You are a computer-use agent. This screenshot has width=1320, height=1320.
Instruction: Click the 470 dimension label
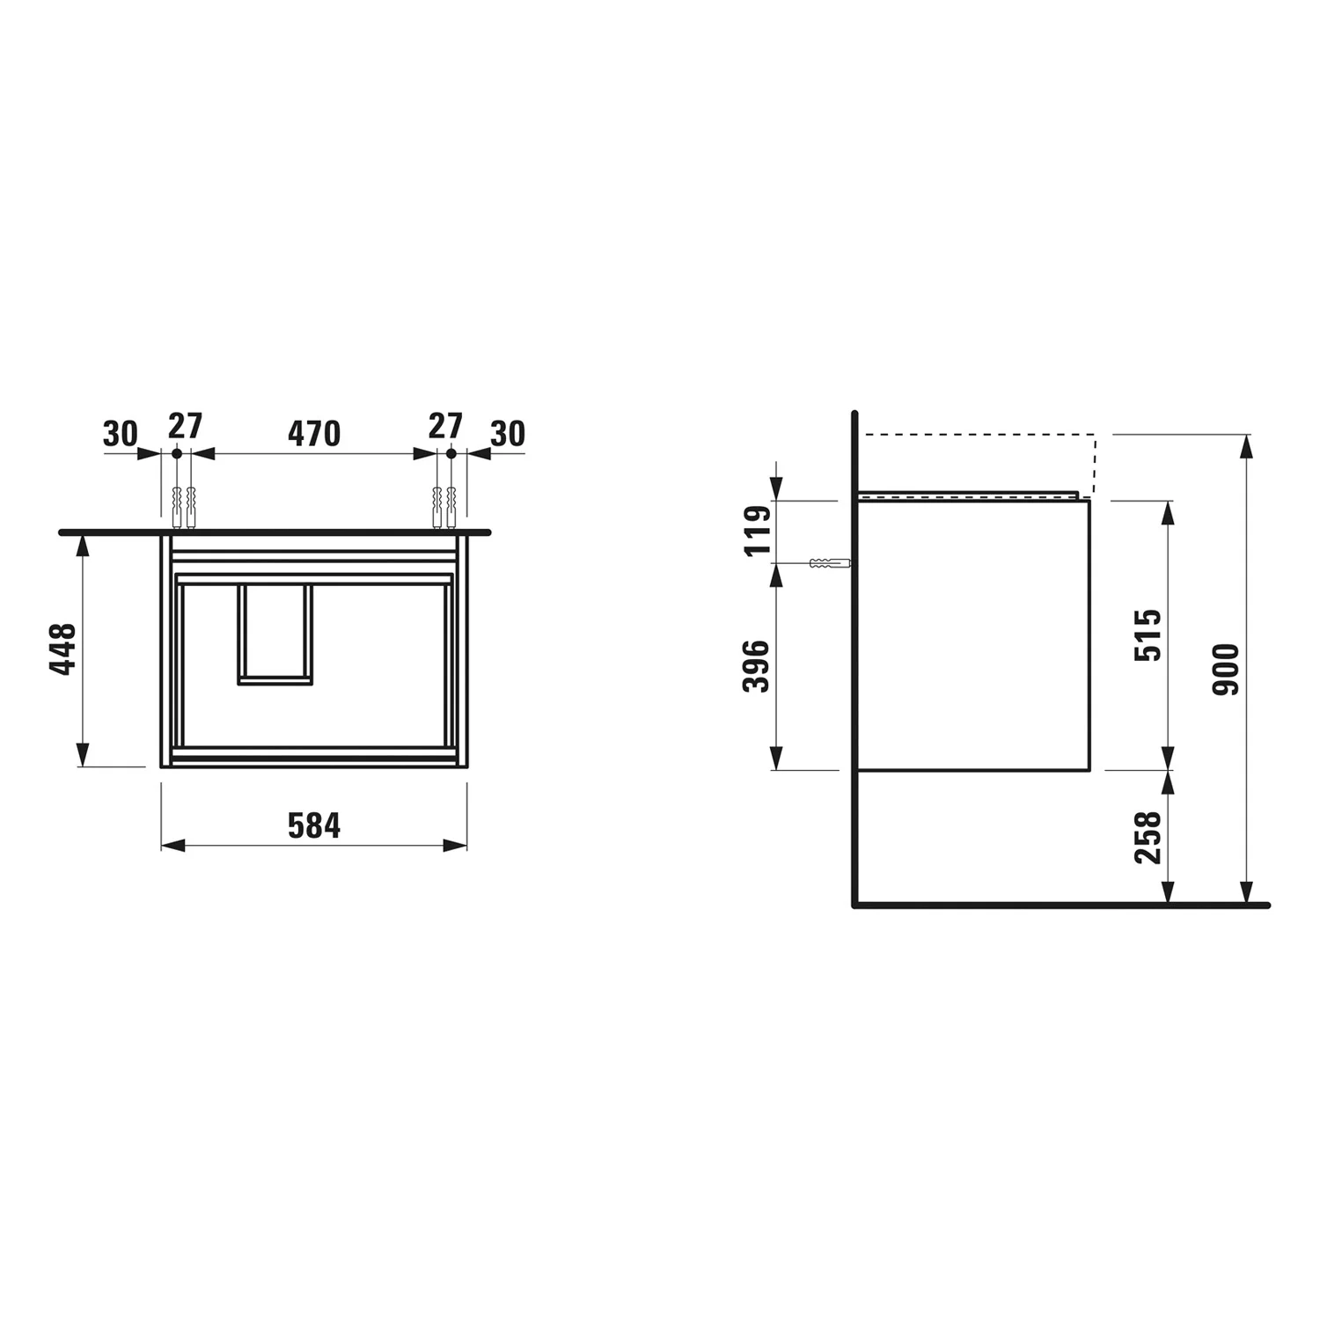pyautogui.click(x=314, y=433)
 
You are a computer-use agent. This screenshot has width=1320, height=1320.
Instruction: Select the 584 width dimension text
pyautogui.click(x=314, y=825)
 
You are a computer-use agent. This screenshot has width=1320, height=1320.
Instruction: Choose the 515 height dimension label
pyautogui.click(x=1148, y=634)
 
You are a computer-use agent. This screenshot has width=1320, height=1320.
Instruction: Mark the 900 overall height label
pyautogui.click(x=1226, y=670)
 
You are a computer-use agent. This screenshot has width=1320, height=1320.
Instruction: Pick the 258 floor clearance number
pyautogui.click(x=1148, y=837)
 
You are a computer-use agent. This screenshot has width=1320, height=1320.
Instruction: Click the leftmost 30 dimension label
pyautogui.click(x=121, y=434)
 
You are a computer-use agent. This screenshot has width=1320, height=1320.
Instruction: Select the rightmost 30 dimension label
pyautogui.click(x=508, y=434)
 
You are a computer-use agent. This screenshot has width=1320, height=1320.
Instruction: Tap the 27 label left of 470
pyautogui.click(x=186, y=427)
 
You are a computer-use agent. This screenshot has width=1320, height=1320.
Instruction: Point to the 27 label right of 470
pyautogui.click(x=445, y=427)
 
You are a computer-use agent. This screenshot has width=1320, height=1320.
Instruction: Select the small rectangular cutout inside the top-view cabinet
pyautogui.click(x=275, y=634)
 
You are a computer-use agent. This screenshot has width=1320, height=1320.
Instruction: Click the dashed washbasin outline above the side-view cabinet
pyautogui.click(x=977, y=435)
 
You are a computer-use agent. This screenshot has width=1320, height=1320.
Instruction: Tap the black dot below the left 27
pyautogui.click(x=177, y=453)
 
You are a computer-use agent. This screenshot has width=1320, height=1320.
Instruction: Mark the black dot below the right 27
pyautogui.click(x=451, y=453)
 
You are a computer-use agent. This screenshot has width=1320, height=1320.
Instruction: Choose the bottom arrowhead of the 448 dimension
pyautogui.click(x=82, y=755)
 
